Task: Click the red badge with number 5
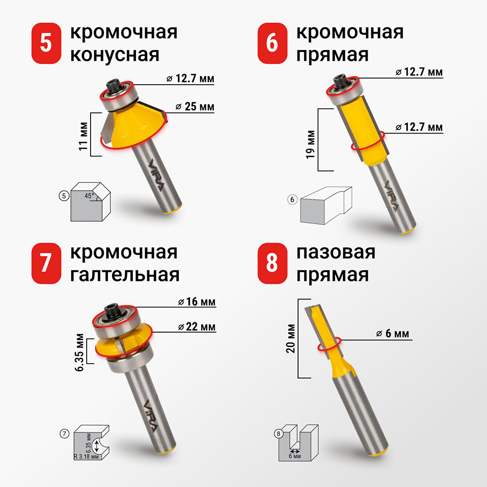pyautogui.click(x=46, y=43)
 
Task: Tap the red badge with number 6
pyautogui.click(x=272, y=43)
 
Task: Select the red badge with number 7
pyautogui.click(x=46, y=263)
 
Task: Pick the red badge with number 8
pyautogui.click(x=272, y=263)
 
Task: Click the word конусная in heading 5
pyautogui.click(x=114, y=55)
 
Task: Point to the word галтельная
pyautogui.click(x=125, y=275)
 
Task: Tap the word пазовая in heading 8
pyautogui.click(x=336, y=252)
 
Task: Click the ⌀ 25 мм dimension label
pyautogui.click(x=195, y=107)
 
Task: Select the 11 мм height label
pyautogui.click(x=83, y=136)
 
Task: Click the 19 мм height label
pyautogui.click(x=310, y=144)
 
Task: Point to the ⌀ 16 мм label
pyautogui.click(x=197, y=301)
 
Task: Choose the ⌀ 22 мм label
pyautogui.click(x=197, y=327)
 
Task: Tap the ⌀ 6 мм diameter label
pyautogui.click(x=392, y=334)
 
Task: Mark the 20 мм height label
pyautogui.click(x=291, y=338)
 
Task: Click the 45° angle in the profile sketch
pyautogui.click(x=89, y=196)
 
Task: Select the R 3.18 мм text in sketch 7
pyautogui.click(x=86, y=457)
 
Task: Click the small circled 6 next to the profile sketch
pyautogui.click(x=292, y=199)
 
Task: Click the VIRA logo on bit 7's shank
pyautogui.click(x=150, y=415)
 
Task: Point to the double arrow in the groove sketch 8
pyautogui.click(x=295, y=451)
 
